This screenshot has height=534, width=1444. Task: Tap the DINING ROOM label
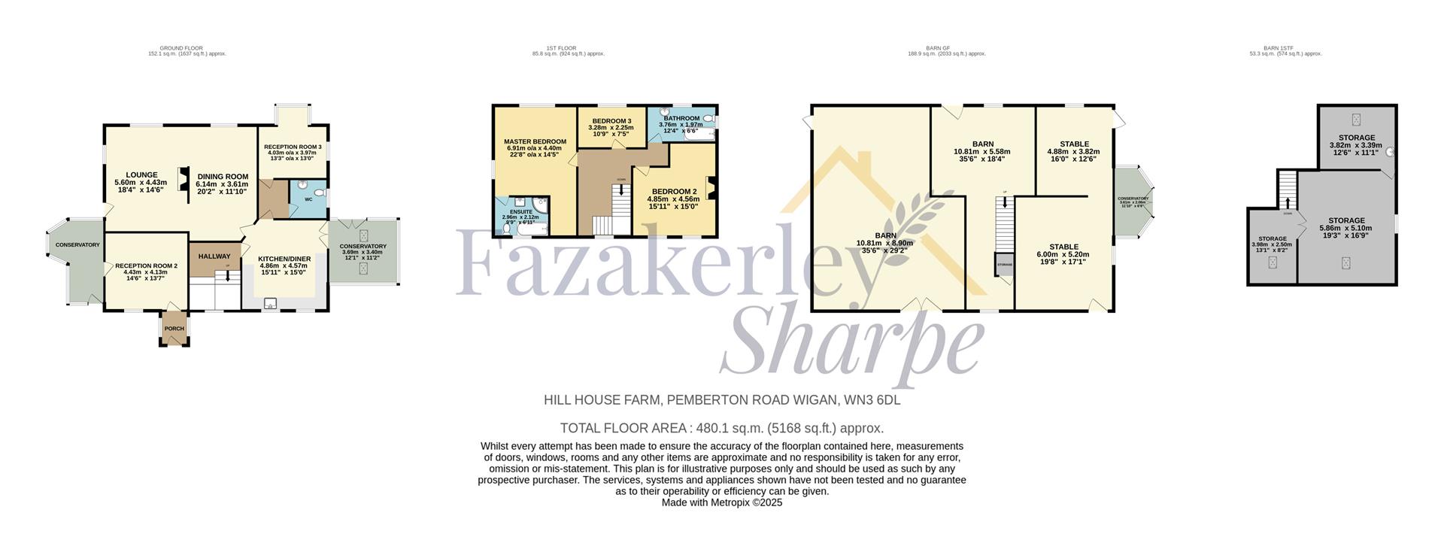click(x=223, y=177)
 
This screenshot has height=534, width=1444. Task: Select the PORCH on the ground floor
click(x=174, y=329)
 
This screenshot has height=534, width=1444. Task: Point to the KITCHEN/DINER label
click(x=284, y=259)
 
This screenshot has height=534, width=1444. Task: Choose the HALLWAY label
click(x=214, y=256)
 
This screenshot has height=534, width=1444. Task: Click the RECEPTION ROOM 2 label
click(x=146, y=265)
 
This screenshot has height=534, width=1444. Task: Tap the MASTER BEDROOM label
click(x=535, y=141)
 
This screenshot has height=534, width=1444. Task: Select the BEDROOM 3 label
click(x=611, y=121)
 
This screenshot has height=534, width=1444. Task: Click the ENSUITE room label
click(x=520, y=212)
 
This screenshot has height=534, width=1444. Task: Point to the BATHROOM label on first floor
click(x=681, y=118)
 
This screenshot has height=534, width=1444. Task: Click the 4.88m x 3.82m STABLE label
click(x=1073, y=144)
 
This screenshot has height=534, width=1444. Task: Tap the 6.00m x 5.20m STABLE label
click(x=1063, y=247)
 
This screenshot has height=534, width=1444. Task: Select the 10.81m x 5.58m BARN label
click(x=982, y=144)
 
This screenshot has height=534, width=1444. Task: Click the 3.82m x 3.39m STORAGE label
click(x=1356, y=138)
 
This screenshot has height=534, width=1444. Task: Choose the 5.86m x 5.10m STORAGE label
click(x=1345, y=221)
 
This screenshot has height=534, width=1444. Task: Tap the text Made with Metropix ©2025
click(x=721, y=502)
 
